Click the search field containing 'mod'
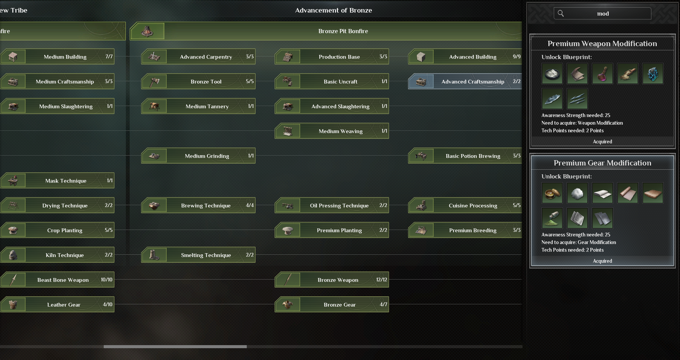pyautogui.click(x=602, y=13)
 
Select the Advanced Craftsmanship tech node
pyautogui.click(x=465, y=81)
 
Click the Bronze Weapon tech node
pyautogui.click(x=332, y=280)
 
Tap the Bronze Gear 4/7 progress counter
pyautogui.click(x=383, y=304)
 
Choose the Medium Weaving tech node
pyautogui.click(x=332, y=131)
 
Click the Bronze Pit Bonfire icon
pyautogui.click(x=147, y=31)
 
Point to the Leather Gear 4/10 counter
pyautogui.click(x=108, y=304)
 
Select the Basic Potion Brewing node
pyautogui.click(x=465, y=156)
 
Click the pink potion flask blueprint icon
pyautogui.click(x=603, y=74)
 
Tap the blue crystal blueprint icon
pyautogui.click(x=653, y=74)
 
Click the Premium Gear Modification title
pyautogui.click(x=603, y=163)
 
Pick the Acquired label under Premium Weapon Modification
pyautogui.click(x=603, y=141)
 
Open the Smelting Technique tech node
pyautogui.click(x=198, y=255)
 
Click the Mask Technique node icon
pyautogui.click(x=13, y=180)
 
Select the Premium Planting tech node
pyautogui.click(x=332, y=230)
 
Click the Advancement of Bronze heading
pyautogui.click(x=333, y=10)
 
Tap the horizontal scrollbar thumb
pyautogui.click(x=175, y=347)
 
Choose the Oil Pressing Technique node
pyautogui.click(x=332, y=205)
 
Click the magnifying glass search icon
pyautogui.click(x=561, y=13)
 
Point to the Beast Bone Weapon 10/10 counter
pyautogui.click(x=107, y=280)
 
